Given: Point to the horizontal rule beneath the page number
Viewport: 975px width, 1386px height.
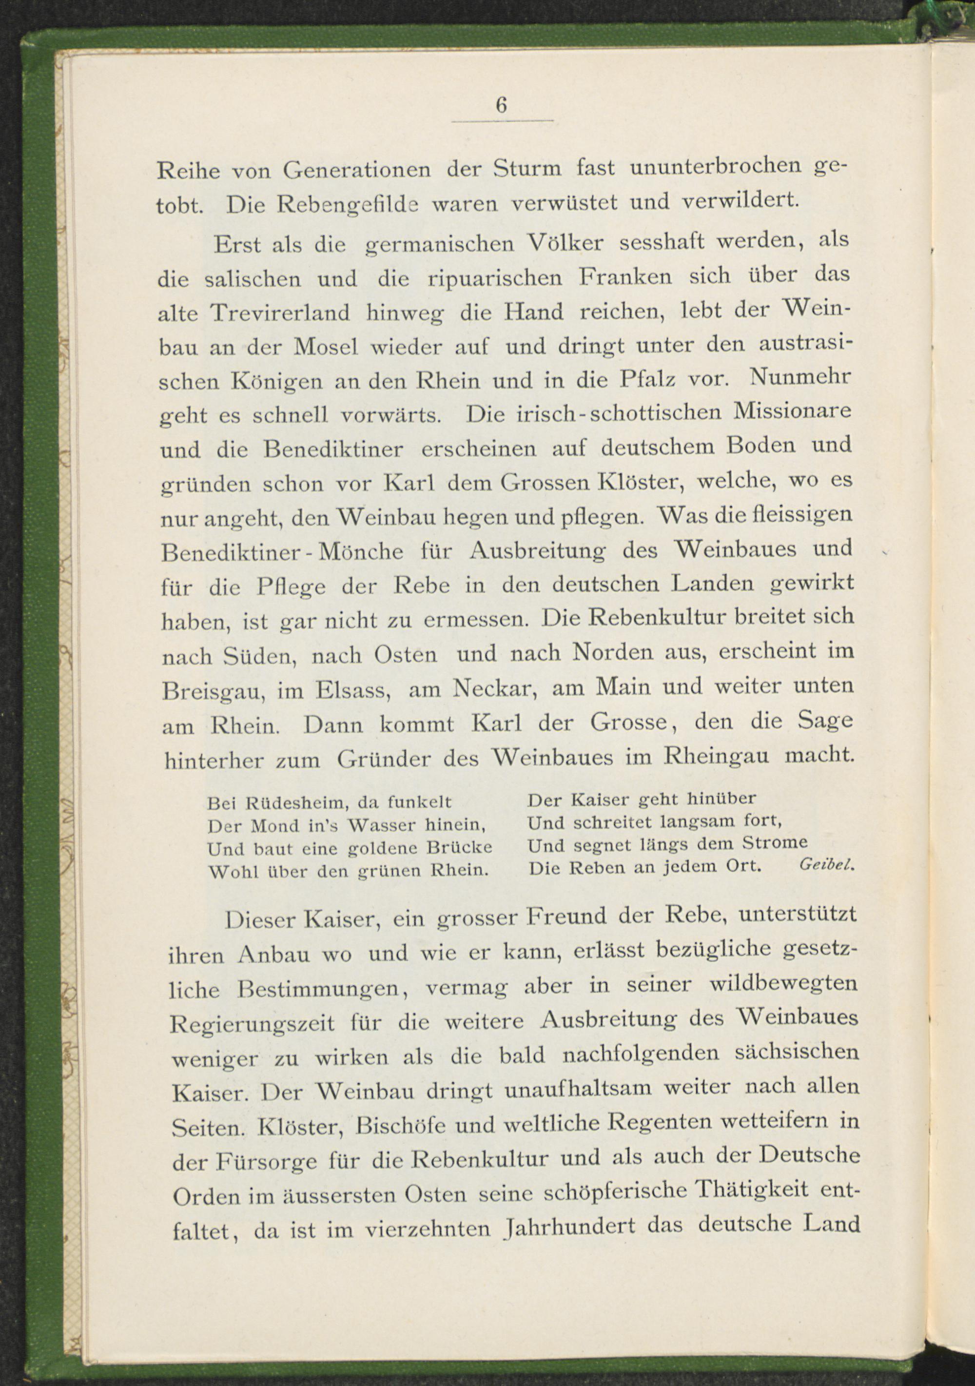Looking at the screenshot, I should point(502,121).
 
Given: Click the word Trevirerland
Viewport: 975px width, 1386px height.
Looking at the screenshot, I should point(280,312).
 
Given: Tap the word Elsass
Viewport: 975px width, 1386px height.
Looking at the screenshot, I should point(354,689).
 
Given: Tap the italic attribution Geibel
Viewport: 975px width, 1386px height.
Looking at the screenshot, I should point(826,864).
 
